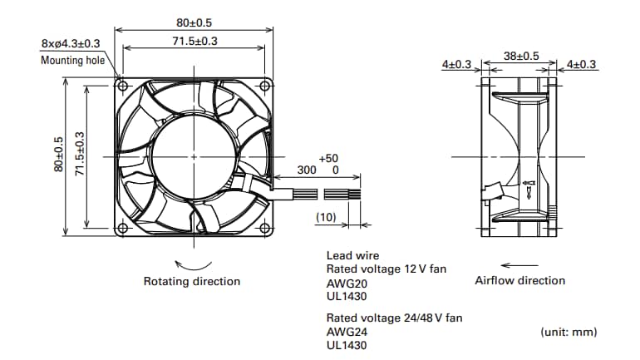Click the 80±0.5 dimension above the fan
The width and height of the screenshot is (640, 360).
click(194, 23)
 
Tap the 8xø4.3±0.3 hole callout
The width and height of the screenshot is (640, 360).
click(71, 43)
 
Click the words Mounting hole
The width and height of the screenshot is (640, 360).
click(73, 60)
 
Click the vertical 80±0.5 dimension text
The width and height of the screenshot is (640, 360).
click(58, 155)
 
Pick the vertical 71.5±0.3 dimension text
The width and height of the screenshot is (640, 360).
click(80, 155)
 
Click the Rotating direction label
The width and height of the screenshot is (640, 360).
click(192, 281)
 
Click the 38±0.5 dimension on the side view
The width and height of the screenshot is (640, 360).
click(521, 57)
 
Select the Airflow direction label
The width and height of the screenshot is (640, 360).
click(519, 280)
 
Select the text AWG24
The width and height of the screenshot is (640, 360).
click(342, 331)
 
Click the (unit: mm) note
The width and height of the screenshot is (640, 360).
click(569, 332)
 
